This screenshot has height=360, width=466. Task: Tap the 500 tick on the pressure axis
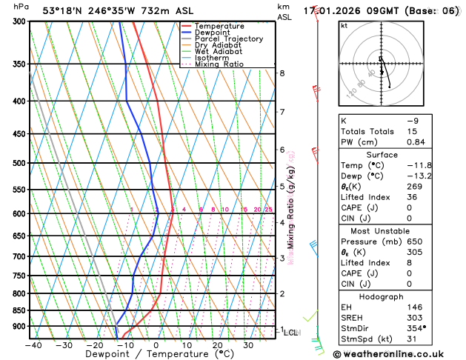[19, 163]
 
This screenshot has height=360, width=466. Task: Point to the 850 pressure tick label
[19, 310]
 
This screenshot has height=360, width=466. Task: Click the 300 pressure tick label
[19, 21]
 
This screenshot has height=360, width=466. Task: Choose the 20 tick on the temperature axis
[218, 345]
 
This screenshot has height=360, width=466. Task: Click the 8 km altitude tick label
[282, 73]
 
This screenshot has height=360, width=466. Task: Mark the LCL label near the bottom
[291, 333]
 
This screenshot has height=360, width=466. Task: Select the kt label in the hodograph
[344, 25]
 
